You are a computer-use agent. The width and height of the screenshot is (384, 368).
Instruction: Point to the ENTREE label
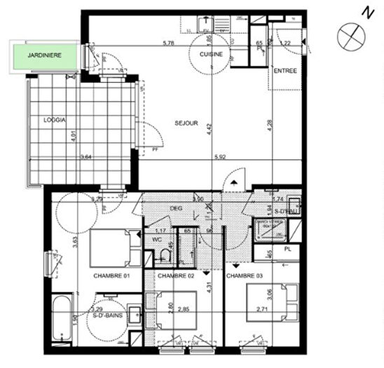tap(285, 71)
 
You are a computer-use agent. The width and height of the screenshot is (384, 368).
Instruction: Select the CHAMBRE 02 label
tap(175, 276)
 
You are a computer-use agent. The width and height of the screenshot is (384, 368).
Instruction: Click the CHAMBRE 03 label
tap(245, 276)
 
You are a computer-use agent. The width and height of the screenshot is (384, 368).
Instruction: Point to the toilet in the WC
tap(165, 255)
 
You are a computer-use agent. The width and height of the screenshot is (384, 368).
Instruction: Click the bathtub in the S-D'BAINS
tap(61, 319)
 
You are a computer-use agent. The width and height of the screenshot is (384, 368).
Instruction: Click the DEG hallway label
tap(176, 208)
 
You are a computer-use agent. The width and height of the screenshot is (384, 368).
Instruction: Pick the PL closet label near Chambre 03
tap(287, 249)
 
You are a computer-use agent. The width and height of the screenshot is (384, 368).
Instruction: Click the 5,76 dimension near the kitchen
tap(168, 43)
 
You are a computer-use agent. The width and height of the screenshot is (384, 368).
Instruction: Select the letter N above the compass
tap(365, 12)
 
